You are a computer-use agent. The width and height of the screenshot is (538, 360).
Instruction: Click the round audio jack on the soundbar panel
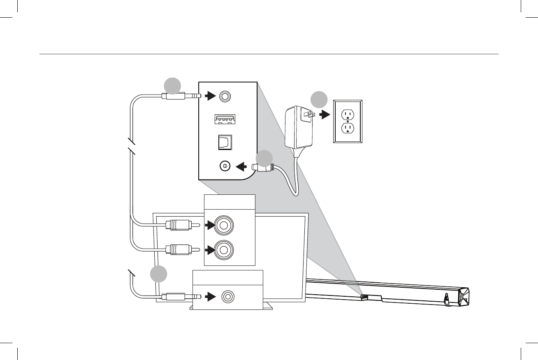point(224,96)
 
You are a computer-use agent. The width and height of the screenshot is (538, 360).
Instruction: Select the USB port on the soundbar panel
point(224,119)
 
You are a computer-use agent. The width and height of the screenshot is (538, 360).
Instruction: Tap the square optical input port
point(225,142)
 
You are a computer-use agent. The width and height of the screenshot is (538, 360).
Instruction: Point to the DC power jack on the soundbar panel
point(225,166)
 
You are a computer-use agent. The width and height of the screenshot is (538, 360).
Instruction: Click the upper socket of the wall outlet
point(348,113)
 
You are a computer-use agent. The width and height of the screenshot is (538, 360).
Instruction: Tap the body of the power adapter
point(298,127)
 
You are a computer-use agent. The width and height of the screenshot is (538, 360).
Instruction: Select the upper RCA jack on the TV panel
point(224,225)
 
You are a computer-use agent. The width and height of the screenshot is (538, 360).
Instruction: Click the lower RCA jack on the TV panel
point(224,249)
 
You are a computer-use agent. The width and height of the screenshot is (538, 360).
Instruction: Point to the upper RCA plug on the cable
point(178,225)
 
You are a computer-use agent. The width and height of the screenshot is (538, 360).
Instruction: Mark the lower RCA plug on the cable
point(178,249)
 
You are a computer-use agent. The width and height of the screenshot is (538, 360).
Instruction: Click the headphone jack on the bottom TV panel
point(227,296)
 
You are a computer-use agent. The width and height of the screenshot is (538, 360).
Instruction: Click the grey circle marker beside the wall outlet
point(319,100)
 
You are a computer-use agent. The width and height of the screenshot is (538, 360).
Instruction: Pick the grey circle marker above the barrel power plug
point(264,159)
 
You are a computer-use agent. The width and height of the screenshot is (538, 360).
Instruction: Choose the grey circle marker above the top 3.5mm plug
point(172,85)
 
